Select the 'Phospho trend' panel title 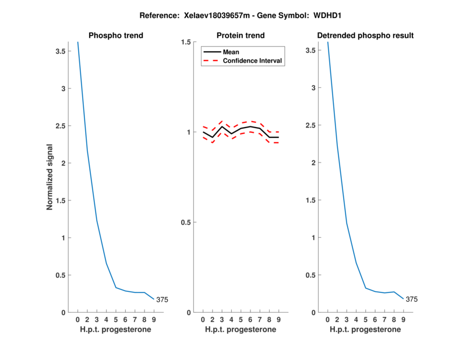tap(116, 36)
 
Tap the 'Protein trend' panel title tap(241, 36)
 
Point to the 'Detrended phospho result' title tap(365, 36)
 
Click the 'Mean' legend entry tap(231, 52)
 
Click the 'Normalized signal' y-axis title tap(51, 177)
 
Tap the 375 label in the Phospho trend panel tap(162, 299)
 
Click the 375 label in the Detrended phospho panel tap(412, 299)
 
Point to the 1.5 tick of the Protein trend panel tap(188, 42)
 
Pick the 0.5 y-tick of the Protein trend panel tap(188, 223)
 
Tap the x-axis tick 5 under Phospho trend tap(116, 320)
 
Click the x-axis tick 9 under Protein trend tap(278, 320)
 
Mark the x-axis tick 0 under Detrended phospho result tap(328, 320)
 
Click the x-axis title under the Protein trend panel tap(241, 330)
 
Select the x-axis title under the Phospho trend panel tap(116, 330)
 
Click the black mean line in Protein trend tap(241, 128)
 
